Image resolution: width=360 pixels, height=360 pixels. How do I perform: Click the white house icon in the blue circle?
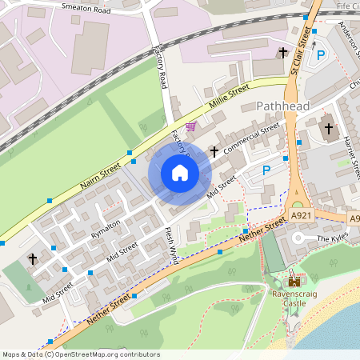coord(180,173)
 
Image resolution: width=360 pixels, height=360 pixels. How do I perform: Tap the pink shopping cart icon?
coord(190,126)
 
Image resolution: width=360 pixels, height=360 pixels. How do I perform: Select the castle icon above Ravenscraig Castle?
coord(294,281)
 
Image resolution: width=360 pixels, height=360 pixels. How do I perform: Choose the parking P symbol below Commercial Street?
coord(266,170)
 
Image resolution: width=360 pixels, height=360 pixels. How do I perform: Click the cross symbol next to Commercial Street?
coord(214,150)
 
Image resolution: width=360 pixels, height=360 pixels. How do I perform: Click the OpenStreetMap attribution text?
coord(70,354)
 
